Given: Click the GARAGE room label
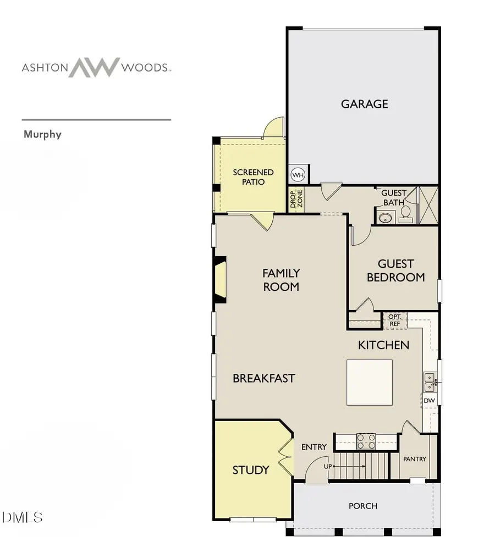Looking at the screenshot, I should click(364, 104).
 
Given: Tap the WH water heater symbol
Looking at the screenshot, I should click(298, 175).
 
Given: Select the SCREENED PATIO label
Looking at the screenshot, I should click(253, 177).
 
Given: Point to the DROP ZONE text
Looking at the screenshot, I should click(296, 200).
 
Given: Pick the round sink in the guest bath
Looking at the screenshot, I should click(385, 218).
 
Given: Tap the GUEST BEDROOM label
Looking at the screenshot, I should click(395, 270).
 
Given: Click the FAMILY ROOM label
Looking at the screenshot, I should click(280, 279).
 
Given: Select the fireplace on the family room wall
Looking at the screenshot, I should click(221, 280).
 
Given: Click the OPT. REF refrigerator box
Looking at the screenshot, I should click(394, 320).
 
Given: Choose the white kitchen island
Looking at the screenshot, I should click(369, 382).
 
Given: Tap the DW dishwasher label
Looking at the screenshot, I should click(429, 401).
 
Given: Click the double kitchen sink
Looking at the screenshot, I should click(429, 381).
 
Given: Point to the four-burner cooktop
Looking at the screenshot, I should click(366, 441).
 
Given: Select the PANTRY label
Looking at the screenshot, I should click(414, 459).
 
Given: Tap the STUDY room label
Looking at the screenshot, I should click(251, 470).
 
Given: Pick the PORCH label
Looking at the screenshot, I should click(363, 506).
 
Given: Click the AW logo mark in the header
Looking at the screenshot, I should click(94, 67).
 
